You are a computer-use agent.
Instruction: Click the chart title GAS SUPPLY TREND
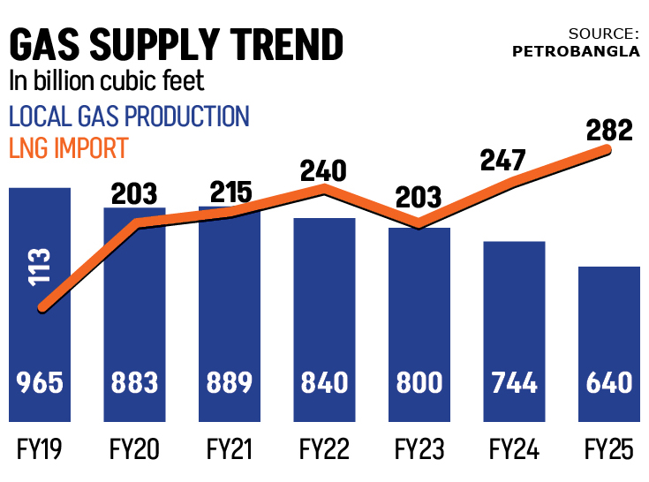coord(176,44)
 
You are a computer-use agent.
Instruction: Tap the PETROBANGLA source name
coord(577,50)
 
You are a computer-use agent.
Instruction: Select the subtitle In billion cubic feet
coord(106,81)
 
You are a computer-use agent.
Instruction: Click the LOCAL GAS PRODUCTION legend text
coord(129,116)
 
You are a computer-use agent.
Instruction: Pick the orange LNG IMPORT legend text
coord(68,147)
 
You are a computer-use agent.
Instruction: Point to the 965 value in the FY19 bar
coord(40,382)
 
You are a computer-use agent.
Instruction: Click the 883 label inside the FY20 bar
coord(134,382)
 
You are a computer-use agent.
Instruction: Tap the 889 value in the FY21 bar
coord(229,382)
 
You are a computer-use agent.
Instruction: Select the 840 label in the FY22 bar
coord(324,382)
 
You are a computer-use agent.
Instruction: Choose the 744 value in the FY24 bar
coord(514,382)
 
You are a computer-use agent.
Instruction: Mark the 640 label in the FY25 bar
coord(608,382)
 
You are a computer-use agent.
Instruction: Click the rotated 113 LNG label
coord(40,266)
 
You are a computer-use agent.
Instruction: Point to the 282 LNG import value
coord(609,131)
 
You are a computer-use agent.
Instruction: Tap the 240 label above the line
coord(324,169)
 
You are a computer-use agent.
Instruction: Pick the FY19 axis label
coord(40,450)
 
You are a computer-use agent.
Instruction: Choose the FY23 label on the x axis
coord(419,450)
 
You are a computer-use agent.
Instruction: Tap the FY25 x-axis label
coord(608,450)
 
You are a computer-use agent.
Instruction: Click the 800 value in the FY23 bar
coord(419,382)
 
